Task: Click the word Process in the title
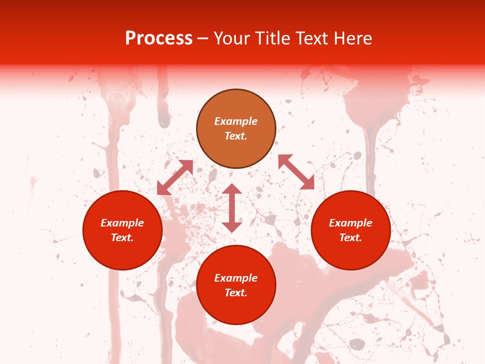click(x=159, y=38)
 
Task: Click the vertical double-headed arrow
click(x=232, y=208)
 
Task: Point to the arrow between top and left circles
click(x=175, y=177)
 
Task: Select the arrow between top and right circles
click(x=296, y=172)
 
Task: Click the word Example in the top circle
click(x=236, y=121)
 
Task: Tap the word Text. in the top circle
click(x=236, y=136)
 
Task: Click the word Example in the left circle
click(x=122, y=223)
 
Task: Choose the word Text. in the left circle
click(x=122, y=238)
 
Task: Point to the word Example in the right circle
click(x=351, y=223)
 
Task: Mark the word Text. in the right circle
click(x=351, y=238)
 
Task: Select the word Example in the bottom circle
click(x=236, y=278)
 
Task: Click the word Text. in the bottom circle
click(x=236, y=293)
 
